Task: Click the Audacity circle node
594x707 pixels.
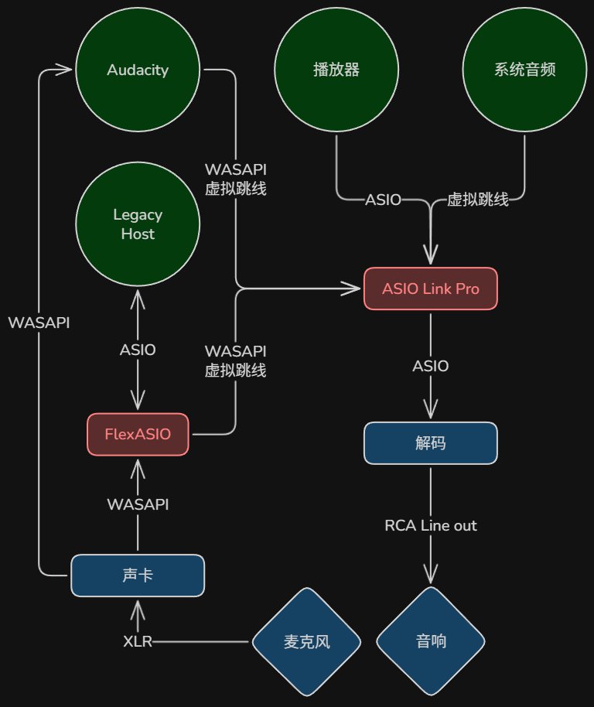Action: click(138, 70)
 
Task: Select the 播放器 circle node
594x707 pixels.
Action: click(336, 70)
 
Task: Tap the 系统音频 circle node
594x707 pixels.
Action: click(524, 70)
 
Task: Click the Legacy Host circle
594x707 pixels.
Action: click(138, 224)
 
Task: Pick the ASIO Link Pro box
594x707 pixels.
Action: click(430, 289)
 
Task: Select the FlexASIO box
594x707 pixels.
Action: click(138, 434)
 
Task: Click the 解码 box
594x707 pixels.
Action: click(430, 442)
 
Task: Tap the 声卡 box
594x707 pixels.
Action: click(138, 576)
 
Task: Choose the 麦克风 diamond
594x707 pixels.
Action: click(306, 641)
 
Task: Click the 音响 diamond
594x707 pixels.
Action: click(430, 641)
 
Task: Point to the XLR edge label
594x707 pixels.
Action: click(138, 641)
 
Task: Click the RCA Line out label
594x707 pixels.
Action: click(430, 525)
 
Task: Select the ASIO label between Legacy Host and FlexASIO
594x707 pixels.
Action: click(138, 350)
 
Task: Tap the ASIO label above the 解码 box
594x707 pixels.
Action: click(430, 366)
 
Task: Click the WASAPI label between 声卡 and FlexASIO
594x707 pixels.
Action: click(138, 504)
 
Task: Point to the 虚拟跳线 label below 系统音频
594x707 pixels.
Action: click(478, 200)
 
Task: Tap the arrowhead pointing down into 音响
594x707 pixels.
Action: click(430, 575)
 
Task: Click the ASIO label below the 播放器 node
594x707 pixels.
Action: click(383, 200)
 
